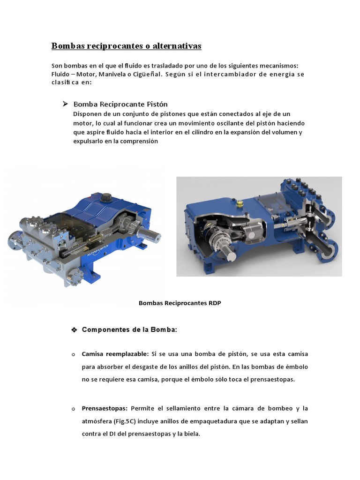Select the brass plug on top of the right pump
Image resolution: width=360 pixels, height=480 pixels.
[240, 204]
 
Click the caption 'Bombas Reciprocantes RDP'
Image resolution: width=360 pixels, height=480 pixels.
[180, 303]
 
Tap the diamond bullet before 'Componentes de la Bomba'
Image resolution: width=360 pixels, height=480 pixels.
[74, 330]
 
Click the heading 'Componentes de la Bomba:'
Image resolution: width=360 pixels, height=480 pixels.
[129, 330]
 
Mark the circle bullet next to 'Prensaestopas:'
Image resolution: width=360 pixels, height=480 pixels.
[74, 409]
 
